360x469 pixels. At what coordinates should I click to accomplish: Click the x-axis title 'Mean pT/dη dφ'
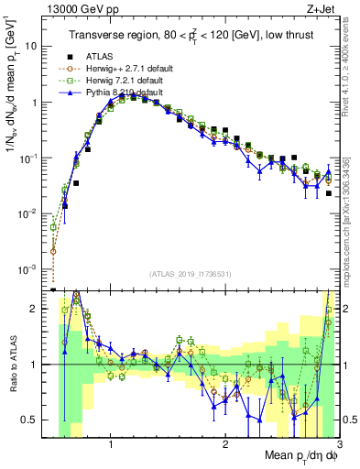(x=299, y=455)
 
